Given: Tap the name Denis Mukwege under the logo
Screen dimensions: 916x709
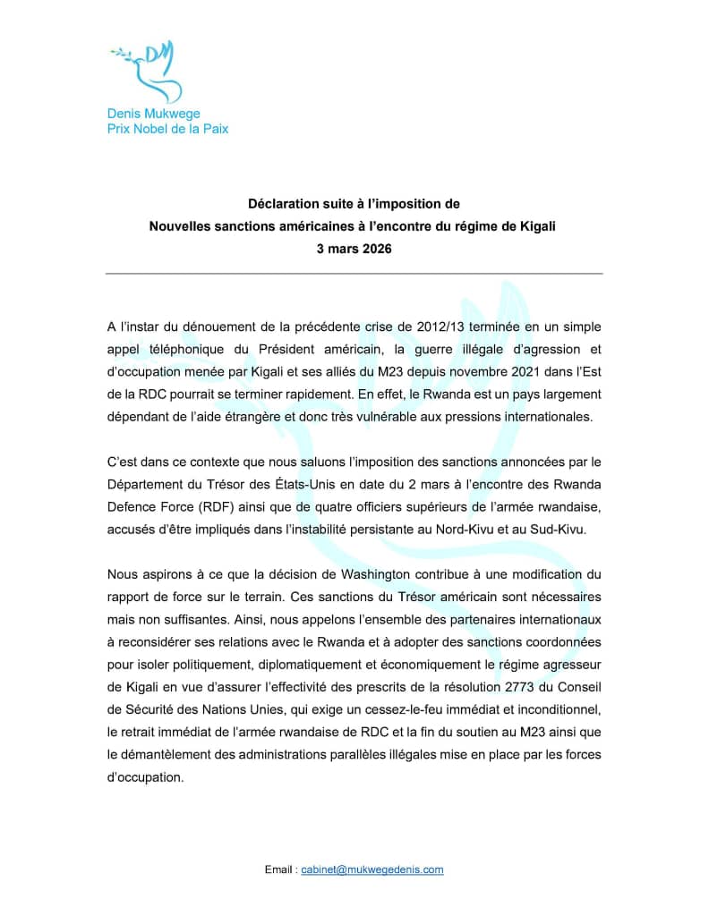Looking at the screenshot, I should pos(153,114).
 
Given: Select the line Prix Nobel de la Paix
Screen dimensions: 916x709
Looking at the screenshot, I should pos(167,129).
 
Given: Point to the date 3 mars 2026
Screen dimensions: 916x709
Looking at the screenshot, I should pos(354,249).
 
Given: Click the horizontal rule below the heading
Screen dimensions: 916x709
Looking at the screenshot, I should pos(354,273).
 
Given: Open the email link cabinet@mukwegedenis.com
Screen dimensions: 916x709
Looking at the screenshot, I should pos(372,869).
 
